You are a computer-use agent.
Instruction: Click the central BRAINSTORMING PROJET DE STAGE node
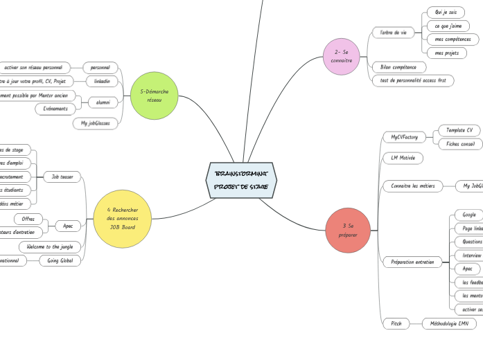click(241, 180)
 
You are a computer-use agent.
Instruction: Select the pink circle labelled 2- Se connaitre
click(342, 57)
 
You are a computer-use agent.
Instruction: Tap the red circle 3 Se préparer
click(348, 231)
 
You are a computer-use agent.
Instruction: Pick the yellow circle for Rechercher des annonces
click(122, 218)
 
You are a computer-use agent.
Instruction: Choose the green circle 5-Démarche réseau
click(154, 96)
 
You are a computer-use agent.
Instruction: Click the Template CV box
click(459, 130)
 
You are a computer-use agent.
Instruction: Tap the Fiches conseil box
click(460, 144)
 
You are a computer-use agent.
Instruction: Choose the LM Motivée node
click(403, 158)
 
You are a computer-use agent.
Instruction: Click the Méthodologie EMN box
click(449, 323)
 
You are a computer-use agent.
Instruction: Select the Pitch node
click(396, 323)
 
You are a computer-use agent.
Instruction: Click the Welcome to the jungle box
click(50, 246)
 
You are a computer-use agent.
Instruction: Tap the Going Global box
click(60, 260)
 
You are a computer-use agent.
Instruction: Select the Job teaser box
click(62, 177)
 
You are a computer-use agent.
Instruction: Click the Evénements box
click(55, 109)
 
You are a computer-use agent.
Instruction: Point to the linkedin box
click(102, 81)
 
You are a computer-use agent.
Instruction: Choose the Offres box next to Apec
click(29, 219)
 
